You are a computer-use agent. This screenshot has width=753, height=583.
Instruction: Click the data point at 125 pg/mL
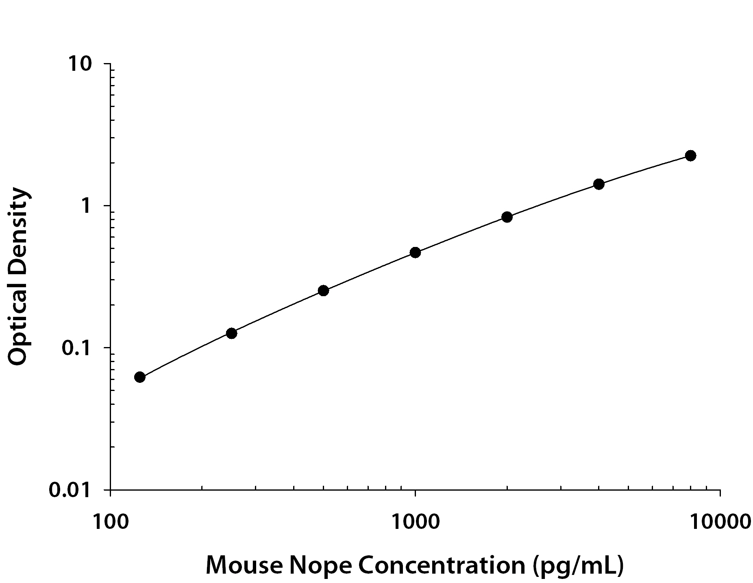pyautogui.click(x=139, y=377)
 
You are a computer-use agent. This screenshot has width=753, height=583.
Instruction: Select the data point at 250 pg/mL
pyautogui.click(x=231, y=333)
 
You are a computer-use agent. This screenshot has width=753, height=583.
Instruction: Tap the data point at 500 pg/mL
pyautogui.click(x=323, y=290)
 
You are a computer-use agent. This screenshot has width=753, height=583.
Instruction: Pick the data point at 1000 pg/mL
pyautogui.click(x=415, y=253)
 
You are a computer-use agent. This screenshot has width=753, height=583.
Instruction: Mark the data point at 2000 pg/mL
pyautogui.click(x=507, y=217)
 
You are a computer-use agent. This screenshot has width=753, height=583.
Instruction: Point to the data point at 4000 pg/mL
pyautogui.click(x=598, y=184)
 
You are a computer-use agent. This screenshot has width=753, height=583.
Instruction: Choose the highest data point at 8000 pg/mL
pyautogui.click(x=690, y=155)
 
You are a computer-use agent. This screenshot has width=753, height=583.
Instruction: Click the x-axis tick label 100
pyautogui.click(x=111, y=522)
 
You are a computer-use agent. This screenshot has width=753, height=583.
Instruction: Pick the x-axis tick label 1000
pyautogui.click(x=415, y=522)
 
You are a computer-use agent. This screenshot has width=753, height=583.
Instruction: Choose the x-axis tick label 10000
pyautogui.click(x=720, y=522)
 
